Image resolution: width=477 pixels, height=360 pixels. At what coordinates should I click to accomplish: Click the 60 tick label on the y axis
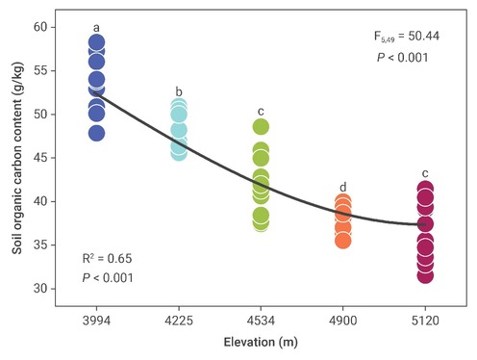point(40,27)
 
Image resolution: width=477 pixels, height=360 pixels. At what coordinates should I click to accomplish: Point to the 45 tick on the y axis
point(40,158)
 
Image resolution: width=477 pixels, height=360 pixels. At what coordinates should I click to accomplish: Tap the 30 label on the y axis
point(40,289)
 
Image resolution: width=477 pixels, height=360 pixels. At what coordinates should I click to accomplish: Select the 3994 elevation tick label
point(96,321)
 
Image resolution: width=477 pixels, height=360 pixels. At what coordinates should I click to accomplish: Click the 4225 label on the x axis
point(179,321)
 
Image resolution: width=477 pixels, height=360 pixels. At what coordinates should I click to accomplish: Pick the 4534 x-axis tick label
point(261,321)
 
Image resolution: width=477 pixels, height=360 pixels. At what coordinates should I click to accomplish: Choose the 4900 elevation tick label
point(343,321)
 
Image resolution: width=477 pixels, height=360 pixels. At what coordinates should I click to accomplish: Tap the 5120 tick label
point(425,321)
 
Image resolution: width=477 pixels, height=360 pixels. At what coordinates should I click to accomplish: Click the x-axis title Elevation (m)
point(261,343)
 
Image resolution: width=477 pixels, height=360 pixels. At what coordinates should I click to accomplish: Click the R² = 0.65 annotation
point(107,258)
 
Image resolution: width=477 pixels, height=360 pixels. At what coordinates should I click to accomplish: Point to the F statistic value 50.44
point(424,36)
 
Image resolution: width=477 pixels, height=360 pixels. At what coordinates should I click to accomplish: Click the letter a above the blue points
point(96,28)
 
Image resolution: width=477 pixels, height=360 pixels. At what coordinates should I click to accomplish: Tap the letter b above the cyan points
point(179,91)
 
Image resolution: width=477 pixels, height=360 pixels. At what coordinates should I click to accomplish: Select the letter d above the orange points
point(343,187)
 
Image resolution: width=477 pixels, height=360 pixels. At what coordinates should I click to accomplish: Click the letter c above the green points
point(261,112)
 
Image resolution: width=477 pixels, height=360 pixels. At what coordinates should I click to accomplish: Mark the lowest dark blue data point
point(96,133)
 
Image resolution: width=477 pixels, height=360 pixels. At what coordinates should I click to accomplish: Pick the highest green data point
point(261,127)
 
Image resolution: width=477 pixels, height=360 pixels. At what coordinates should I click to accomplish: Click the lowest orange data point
point(343,241)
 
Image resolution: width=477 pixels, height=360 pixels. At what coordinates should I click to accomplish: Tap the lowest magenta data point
point(425,275)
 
